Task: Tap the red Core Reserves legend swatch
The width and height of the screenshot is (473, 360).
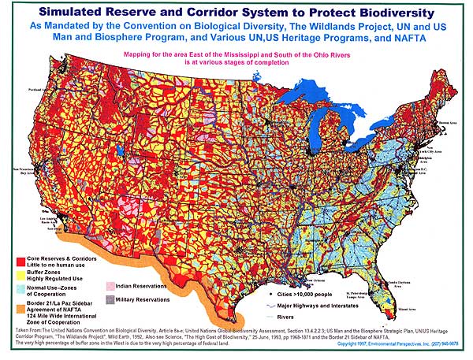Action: pos(21,259)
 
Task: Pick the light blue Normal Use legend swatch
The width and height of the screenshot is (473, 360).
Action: pos(21,294)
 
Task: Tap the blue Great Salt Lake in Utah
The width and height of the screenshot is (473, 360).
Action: pos(120,147)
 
